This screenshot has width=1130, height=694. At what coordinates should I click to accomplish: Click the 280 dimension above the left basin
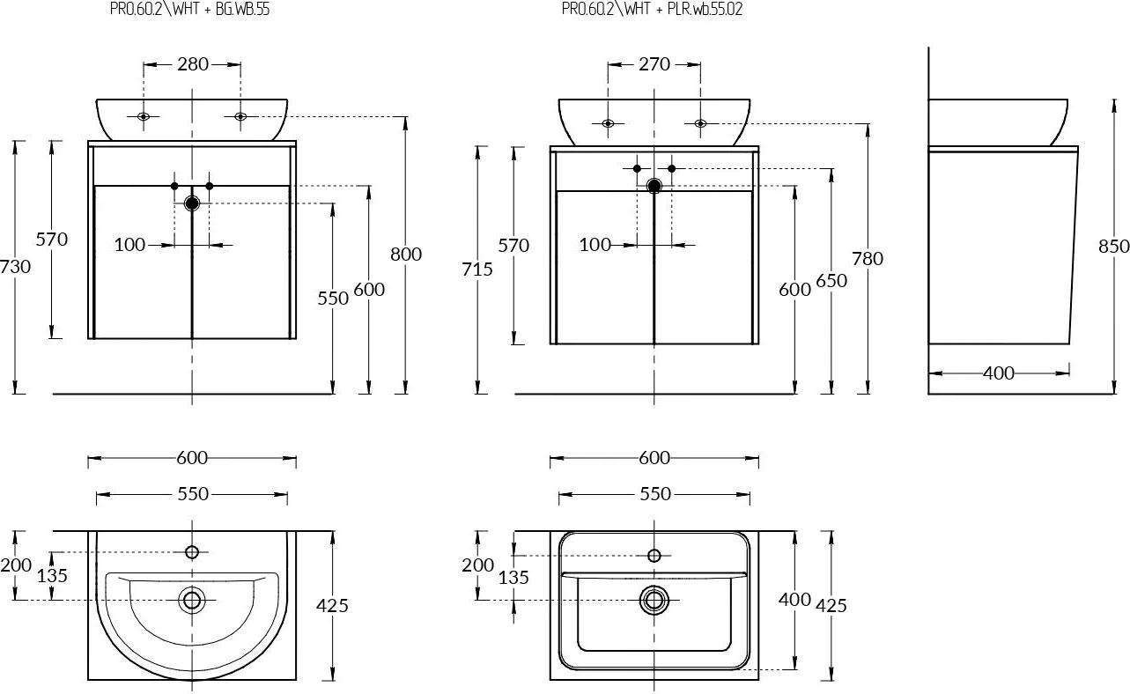[192, 63]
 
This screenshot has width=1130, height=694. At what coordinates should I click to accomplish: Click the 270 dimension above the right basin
[654, 63]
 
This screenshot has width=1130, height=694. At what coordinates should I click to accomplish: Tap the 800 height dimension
[406, 254]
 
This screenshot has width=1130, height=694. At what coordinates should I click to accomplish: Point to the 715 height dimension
[477, 269]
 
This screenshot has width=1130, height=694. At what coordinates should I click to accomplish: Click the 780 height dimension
[868, 258]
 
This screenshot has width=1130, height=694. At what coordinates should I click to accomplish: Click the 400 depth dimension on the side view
[998, 373]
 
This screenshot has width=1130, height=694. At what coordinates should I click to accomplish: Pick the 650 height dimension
[831, 280]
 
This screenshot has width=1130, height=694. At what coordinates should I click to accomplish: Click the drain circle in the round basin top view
[191, 601]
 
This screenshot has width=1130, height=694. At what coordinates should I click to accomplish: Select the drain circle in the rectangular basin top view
[654, 600]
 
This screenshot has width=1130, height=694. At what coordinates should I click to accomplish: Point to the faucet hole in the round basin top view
[191, 552]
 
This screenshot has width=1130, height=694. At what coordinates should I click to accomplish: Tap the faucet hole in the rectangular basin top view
[654, 556]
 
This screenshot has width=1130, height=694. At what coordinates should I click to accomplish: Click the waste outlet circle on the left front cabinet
[192, 203]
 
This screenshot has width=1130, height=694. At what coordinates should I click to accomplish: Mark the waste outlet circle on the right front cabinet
[654, 186]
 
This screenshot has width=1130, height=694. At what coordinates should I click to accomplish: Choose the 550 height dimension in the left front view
[333, 298]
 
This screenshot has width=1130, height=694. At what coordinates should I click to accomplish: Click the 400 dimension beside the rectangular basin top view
[794, 600]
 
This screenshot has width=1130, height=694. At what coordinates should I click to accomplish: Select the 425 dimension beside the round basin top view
[332, 605]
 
